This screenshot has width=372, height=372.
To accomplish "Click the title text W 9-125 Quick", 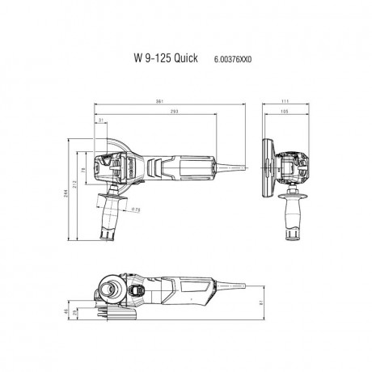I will [164, 59].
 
